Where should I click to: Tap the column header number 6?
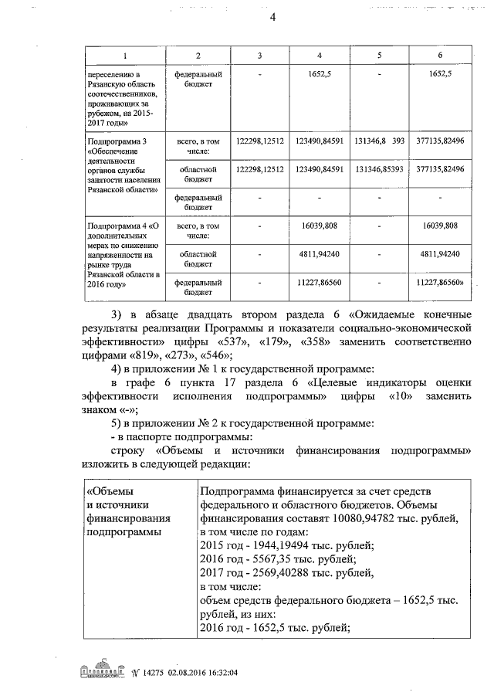tap(439, 56)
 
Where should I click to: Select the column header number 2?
tap(198, 56)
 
